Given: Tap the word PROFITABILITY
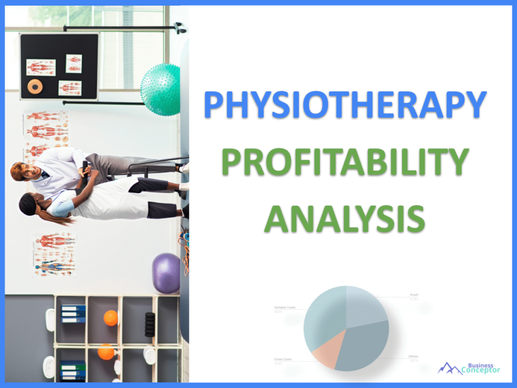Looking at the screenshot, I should [345, 163].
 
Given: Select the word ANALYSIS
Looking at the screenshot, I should [345, 218].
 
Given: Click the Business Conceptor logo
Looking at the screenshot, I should [468, 368].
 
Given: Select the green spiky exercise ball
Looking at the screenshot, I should [161, 89].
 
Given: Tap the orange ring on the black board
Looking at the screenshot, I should [35, 87].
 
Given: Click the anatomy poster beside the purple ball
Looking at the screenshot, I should [55, 254].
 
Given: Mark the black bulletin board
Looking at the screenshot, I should [59, 66].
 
